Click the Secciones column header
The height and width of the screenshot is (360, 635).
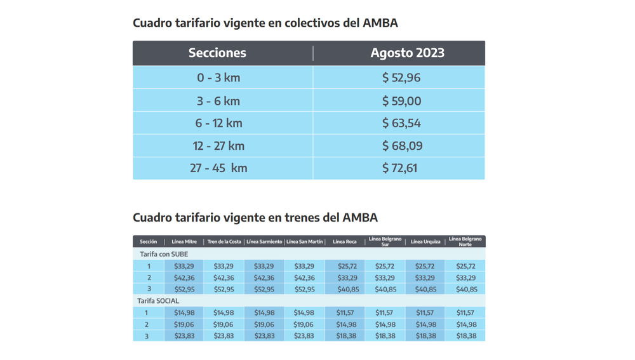(217, 53)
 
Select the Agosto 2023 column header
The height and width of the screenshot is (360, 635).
(407, 53)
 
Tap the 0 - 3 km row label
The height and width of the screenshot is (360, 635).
(218, 77)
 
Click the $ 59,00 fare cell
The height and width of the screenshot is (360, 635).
(401, 101)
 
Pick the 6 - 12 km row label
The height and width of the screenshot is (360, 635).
(218, 123)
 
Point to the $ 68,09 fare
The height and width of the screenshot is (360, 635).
(402, 146)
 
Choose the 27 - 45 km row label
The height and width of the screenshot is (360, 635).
(218, 168)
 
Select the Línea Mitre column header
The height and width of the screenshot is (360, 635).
(184, 242)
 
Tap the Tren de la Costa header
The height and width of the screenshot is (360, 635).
(224, 242)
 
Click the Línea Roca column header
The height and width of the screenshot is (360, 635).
(344, 242)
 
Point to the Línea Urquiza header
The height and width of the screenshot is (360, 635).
(425, 242)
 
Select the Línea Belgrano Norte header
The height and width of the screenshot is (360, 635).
(465, 242)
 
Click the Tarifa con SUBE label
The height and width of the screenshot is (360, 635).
(164, 254)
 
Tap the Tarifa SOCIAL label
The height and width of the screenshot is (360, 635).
(158, 301)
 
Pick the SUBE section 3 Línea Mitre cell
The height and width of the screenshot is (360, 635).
(184, 290)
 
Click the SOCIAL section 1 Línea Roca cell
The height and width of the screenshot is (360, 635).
(345, 313)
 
